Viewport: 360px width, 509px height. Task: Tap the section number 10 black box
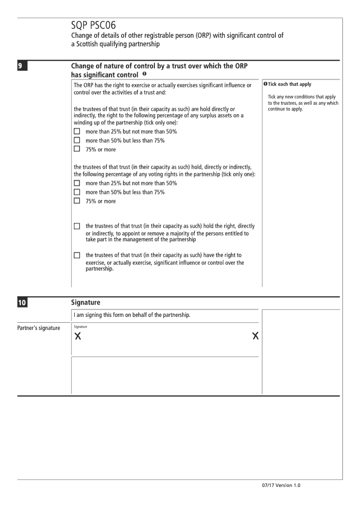point(21,302)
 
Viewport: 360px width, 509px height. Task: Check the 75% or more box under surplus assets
point(77,149)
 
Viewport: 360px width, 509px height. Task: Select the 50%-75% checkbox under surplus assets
point(77,140)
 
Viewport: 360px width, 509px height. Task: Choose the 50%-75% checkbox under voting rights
point(77,192)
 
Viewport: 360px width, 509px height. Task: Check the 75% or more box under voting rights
point(77,201)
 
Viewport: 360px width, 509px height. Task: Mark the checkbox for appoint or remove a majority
point(77,226)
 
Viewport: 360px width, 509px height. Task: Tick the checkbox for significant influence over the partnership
point(77,255)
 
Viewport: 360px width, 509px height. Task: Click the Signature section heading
point(85,302)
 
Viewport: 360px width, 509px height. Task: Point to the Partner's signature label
point(38,328)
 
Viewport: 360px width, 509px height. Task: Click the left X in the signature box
point(78,336)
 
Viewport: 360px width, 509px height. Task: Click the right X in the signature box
point(256,336)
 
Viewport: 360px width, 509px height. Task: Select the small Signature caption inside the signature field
point(80,327)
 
